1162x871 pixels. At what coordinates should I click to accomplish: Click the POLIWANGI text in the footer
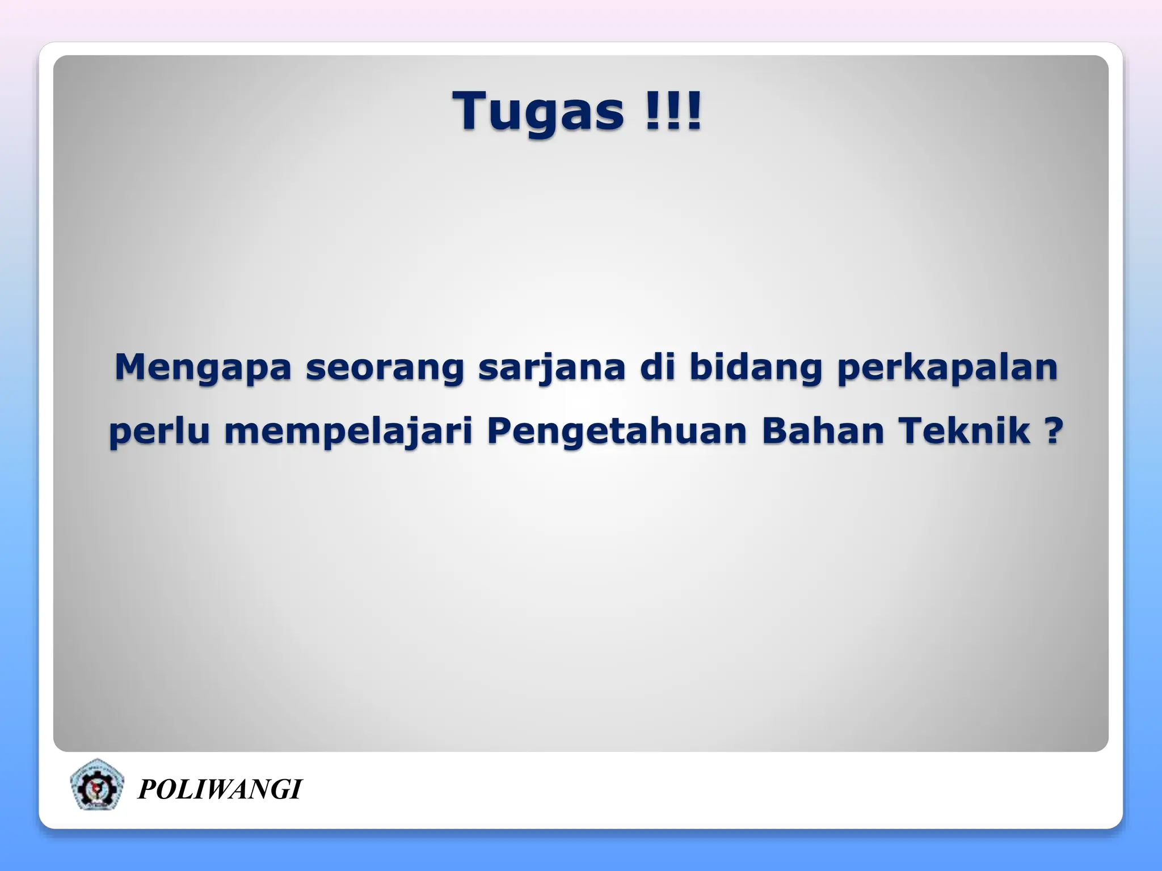220,789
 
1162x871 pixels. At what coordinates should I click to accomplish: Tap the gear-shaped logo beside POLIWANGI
96,785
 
